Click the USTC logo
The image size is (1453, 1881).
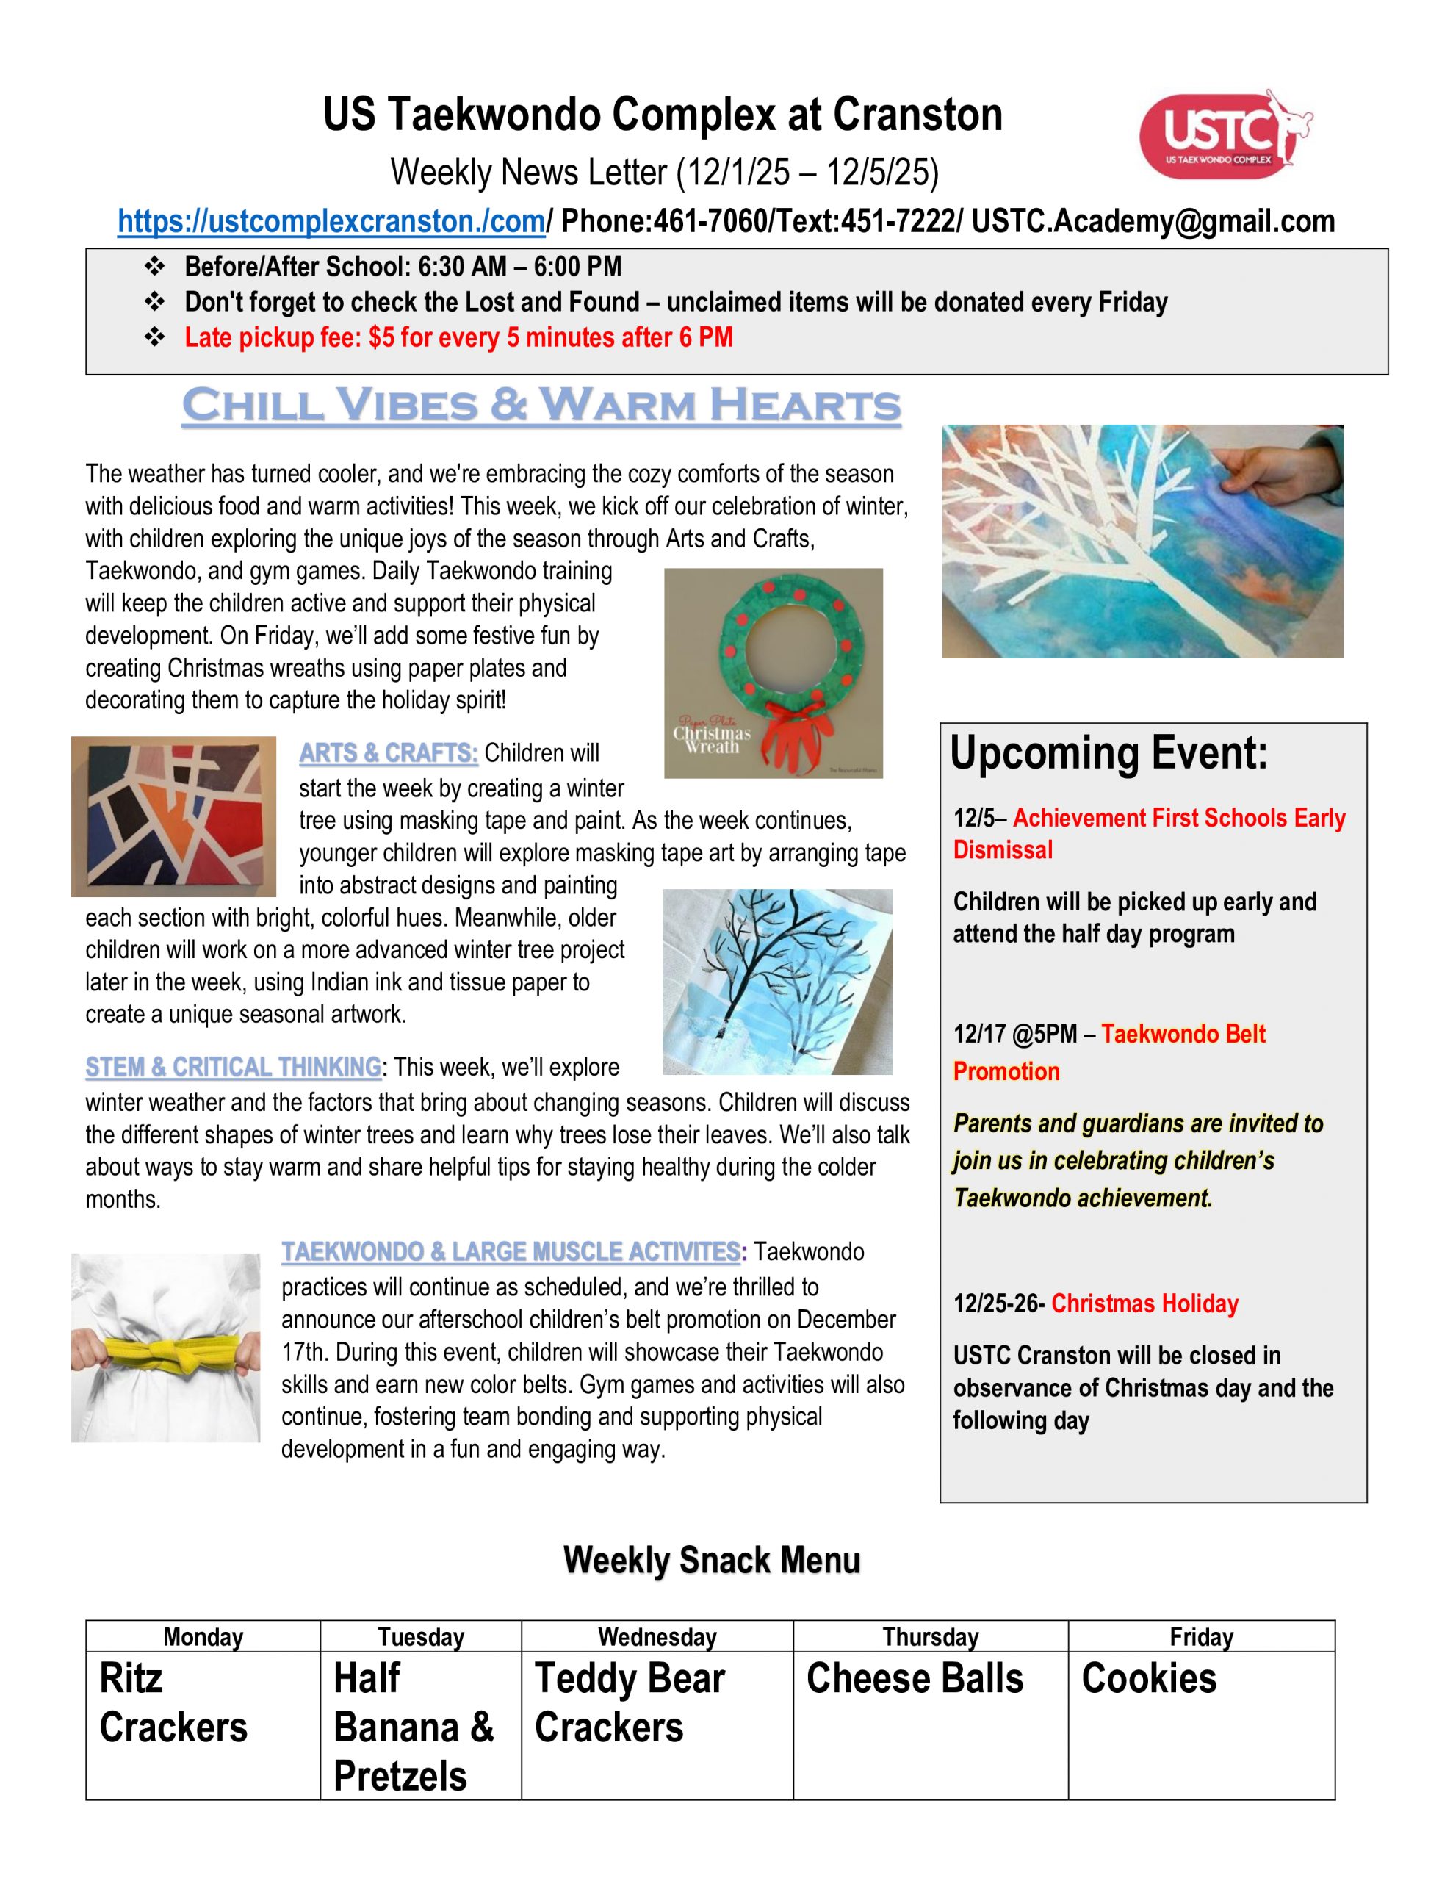[x=1223, y=134]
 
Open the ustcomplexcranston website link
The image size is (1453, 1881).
[x=331, y=222]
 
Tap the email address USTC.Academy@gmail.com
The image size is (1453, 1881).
[x=1153, y=222]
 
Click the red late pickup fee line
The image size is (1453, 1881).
[x=458, y=337]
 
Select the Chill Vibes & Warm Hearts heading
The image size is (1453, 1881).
[x=541, y=405]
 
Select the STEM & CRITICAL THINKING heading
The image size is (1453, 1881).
[x=233, y=1067]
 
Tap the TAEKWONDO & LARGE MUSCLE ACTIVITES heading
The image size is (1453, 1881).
[x=511, y=1252]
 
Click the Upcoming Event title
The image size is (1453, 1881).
[x=1108, y=752]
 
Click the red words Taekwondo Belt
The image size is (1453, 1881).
[x=1183, y=1034]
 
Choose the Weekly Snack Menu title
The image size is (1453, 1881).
[x=711, y=1561]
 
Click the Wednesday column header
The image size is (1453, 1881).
[x=657, y=1636]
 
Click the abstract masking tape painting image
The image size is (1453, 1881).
[x=174, y=816]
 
